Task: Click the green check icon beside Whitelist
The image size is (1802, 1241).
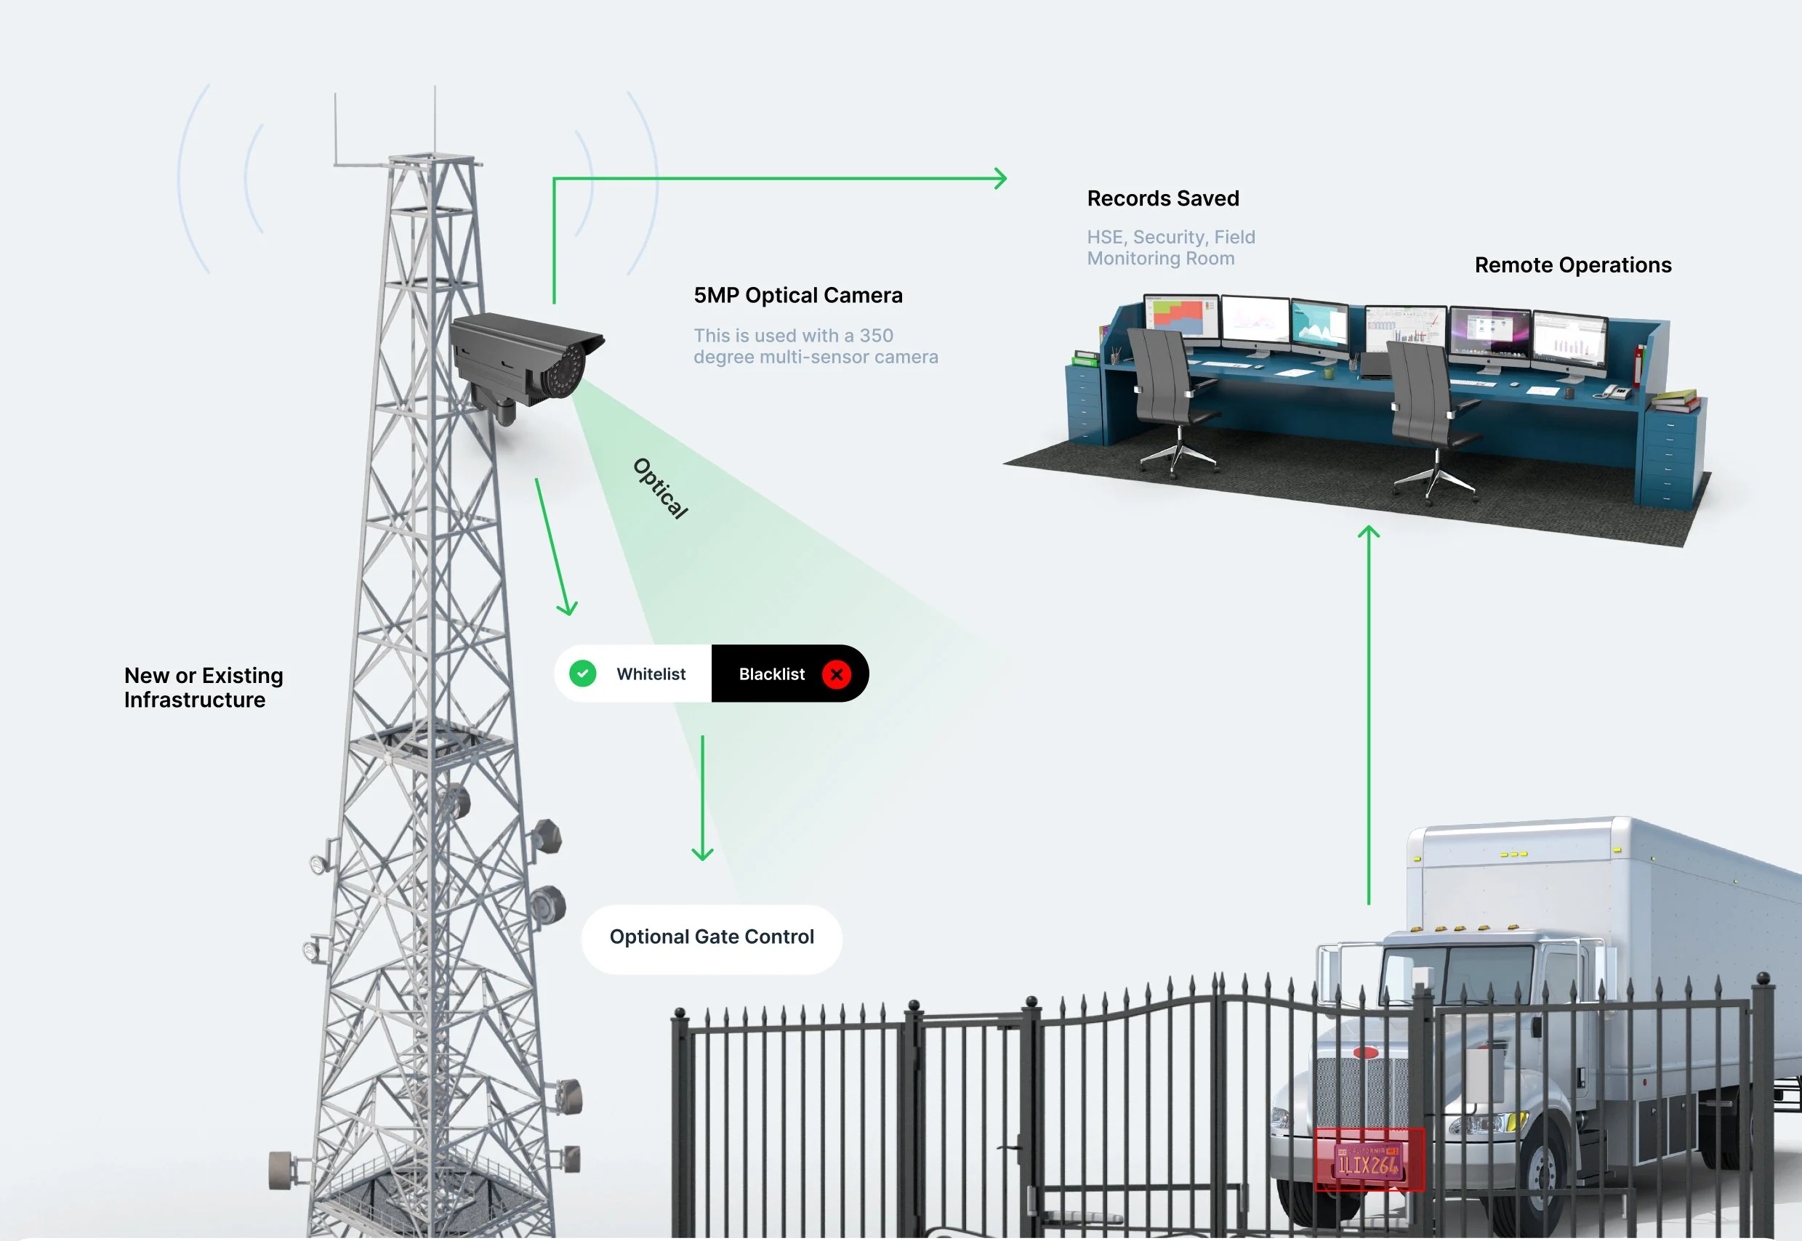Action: coord(582,674)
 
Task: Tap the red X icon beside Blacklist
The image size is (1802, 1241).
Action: coord(836,674)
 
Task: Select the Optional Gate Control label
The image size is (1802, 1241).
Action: coord(712,937)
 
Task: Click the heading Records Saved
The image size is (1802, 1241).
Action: coord(1163,198)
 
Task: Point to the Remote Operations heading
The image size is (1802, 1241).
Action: coord(1572,265)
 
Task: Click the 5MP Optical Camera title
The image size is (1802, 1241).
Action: coord(798,296)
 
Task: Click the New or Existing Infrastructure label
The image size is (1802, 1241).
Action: coord(203,687)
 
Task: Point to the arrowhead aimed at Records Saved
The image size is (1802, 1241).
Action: coord(1001,179)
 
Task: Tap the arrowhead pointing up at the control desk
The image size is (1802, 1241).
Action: coord(1369,533)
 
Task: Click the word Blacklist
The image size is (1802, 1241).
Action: coord(771,674)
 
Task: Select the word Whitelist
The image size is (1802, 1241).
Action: coord(651,674)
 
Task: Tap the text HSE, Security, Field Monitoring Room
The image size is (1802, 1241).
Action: coord(1170,247)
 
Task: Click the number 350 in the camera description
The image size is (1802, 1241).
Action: coord(876,336)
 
